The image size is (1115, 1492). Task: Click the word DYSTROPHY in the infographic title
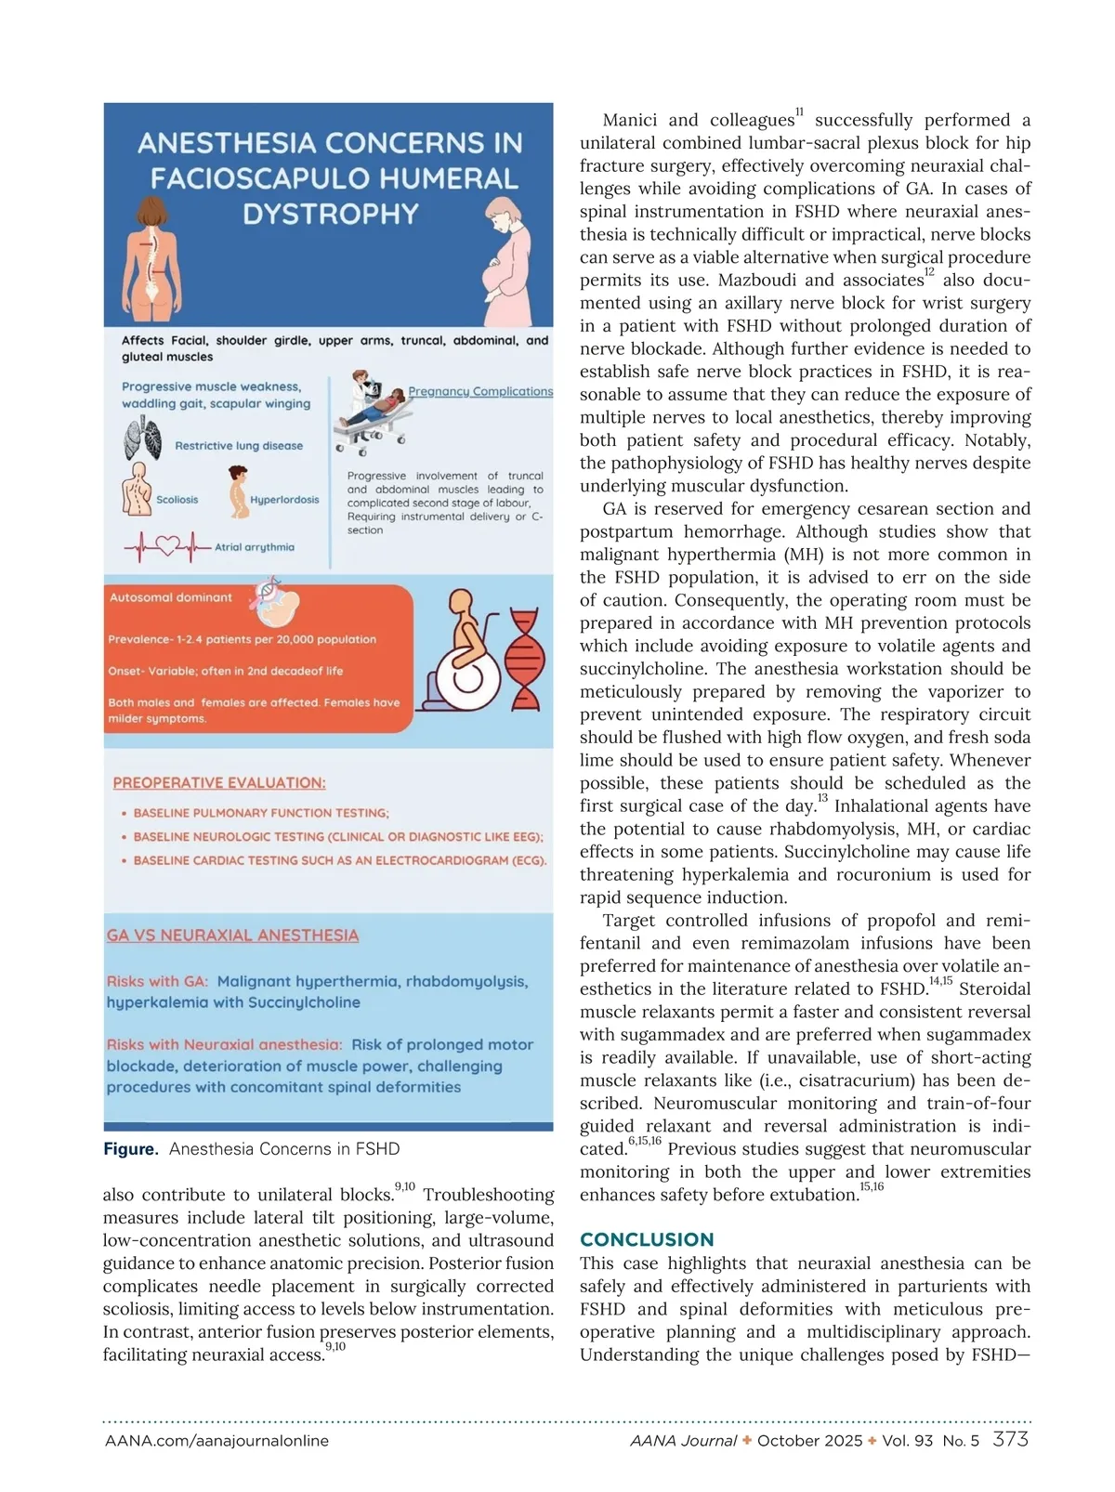[331, 215]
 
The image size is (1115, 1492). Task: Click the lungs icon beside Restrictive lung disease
[142, 439]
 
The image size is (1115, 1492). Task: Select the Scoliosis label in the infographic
[177, 500]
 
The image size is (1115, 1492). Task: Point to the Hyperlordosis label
[284, 500]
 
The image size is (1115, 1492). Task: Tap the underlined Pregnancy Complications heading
[480, 391]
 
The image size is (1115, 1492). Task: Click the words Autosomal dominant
[171, 597]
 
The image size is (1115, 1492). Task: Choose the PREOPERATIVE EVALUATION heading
[219, 783]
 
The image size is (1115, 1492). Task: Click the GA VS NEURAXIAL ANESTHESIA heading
[232, 936]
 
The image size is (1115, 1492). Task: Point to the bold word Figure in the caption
[131, 1149]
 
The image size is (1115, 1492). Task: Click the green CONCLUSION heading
[647, 1239]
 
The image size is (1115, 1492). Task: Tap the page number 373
[1010, 1439]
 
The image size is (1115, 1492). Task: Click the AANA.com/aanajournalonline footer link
[216, 1441]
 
